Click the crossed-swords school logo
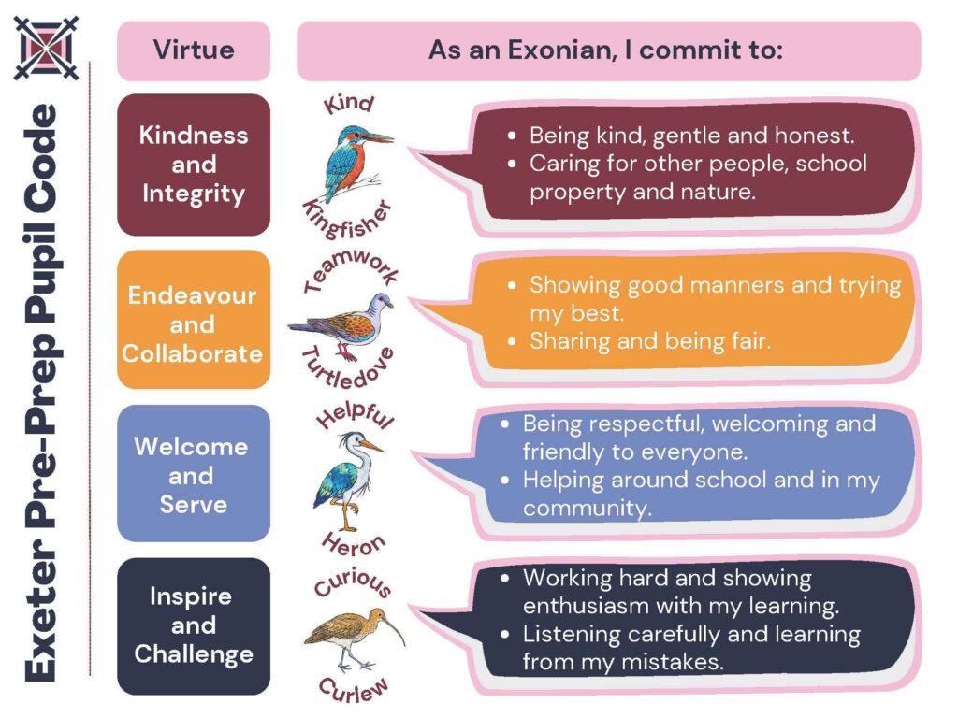[47, 49]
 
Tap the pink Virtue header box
[194, 50]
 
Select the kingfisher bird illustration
[356, 163]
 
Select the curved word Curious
[353, 582]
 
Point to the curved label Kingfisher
[347, 220]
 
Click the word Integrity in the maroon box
[194, 194]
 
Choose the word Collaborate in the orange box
[193, 353]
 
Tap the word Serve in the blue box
[194, 504]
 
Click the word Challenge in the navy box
[194, 654]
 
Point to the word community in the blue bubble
[588, 508]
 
